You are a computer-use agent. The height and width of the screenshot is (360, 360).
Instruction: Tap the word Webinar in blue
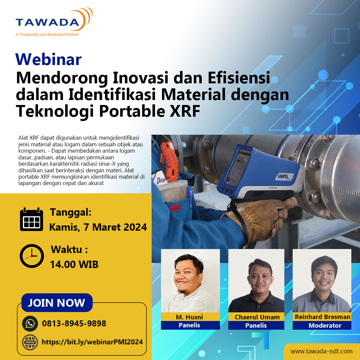[x=48, y=59]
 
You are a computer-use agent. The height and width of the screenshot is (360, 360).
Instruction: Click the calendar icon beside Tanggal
[x=32, y=220]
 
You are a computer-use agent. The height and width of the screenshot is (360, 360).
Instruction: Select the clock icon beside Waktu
[x=32, y=256]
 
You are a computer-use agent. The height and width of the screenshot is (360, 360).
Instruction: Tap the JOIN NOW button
[x=56, y=303]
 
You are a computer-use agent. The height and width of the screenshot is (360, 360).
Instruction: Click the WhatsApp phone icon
[x=30, y=323]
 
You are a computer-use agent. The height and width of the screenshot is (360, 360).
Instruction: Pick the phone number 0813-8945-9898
[x=74, y=323]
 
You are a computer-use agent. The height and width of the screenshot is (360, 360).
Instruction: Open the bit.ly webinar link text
[x=92, y=342]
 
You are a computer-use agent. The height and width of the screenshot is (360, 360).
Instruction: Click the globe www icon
[x=30, y=342]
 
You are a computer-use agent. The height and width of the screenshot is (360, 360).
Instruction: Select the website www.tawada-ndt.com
[x=321, y=351]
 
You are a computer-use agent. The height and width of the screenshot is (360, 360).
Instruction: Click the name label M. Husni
[x=189, y=317]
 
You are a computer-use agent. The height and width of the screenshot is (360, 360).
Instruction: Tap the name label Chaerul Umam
[x=257, y=317]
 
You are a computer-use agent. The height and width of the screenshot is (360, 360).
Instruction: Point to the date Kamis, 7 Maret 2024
[x=98, y=227]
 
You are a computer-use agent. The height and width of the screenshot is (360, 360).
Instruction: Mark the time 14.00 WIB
[x=74, y=264]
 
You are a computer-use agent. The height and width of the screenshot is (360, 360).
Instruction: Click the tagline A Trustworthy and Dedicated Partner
[x=47, y=34]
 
